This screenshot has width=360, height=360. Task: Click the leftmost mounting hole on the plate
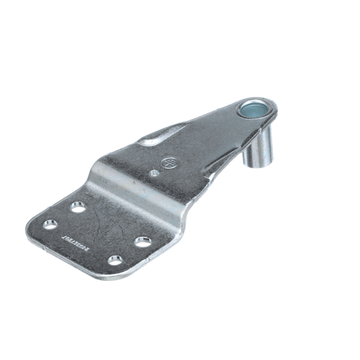(x=49, y=225)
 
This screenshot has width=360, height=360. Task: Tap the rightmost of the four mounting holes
(x=144, y=241)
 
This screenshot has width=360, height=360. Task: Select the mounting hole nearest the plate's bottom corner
(x=114, y=260)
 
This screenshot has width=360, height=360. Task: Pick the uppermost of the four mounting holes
(x=78, y=207)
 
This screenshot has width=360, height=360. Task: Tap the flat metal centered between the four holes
(x=97, y=232)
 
